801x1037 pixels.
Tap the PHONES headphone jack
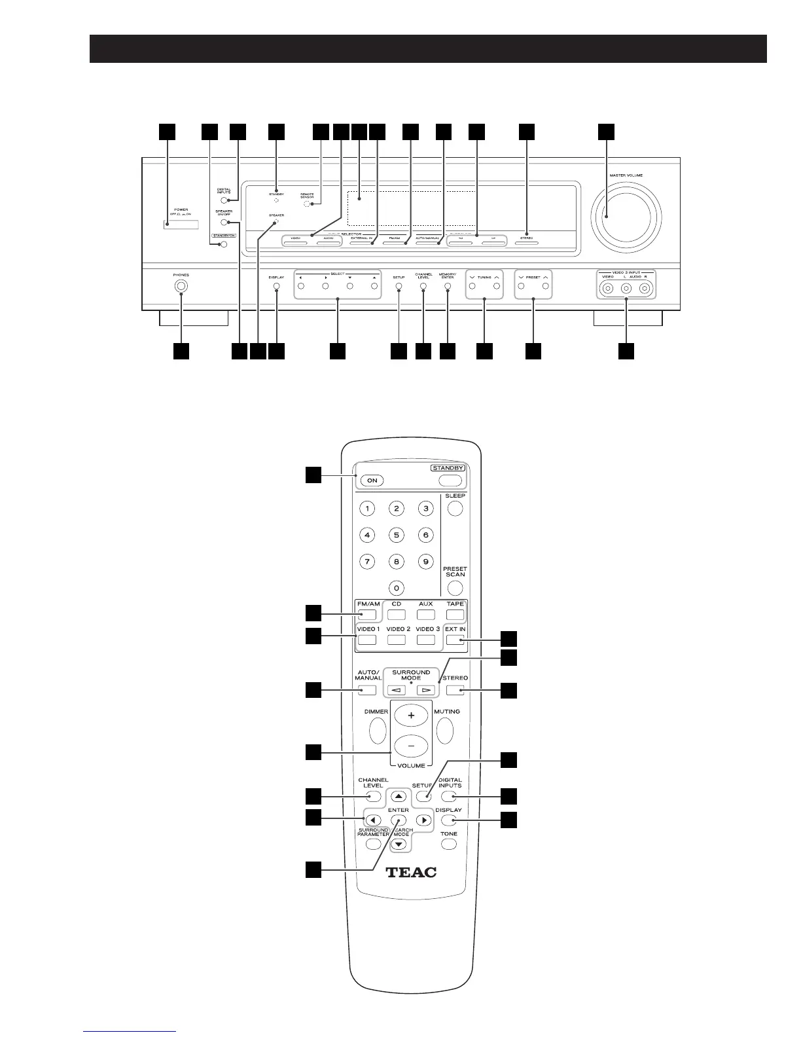coord(181,286)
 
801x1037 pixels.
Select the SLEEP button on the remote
coord(455,509)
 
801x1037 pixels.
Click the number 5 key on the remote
coord(396,535)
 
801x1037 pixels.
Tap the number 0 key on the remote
coord(396,587)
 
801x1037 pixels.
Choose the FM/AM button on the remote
coord(368,615)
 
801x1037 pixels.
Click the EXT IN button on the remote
coord(455,640)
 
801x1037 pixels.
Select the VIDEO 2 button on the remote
coord(396,640)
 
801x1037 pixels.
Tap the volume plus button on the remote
coord(411,716)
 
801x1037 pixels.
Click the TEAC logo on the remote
coord(411,872)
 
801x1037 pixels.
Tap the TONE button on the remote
coord(448,844)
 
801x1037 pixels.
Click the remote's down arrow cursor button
coord(400,845)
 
